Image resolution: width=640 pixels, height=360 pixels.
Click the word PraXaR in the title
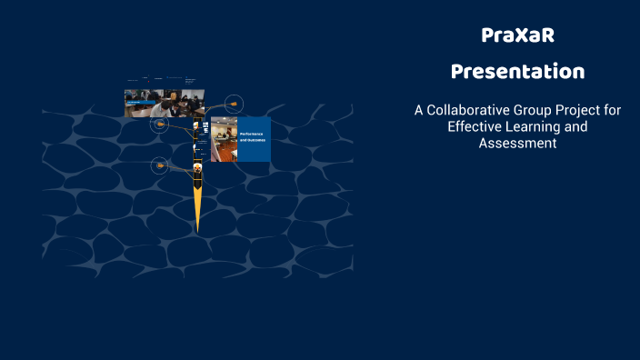(517, 36)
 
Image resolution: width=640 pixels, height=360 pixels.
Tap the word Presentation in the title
(517, 71)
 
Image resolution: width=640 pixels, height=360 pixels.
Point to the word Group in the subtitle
(542, 110)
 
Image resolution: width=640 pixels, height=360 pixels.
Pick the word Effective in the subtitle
(475, 126)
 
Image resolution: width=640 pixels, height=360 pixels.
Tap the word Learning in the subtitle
(535, 126)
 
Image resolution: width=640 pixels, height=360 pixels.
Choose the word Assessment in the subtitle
(517, 144)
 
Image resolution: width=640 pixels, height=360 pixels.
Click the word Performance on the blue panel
(252, 134)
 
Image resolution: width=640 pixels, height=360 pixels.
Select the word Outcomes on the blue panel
(252, 142)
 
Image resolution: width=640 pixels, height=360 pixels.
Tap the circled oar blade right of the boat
(234, 104)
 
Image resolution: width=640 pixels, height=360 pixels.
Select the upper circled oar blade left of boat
(159, 124)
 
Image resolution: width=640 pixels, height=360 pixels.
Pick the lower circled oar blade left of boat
(160, 165)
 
